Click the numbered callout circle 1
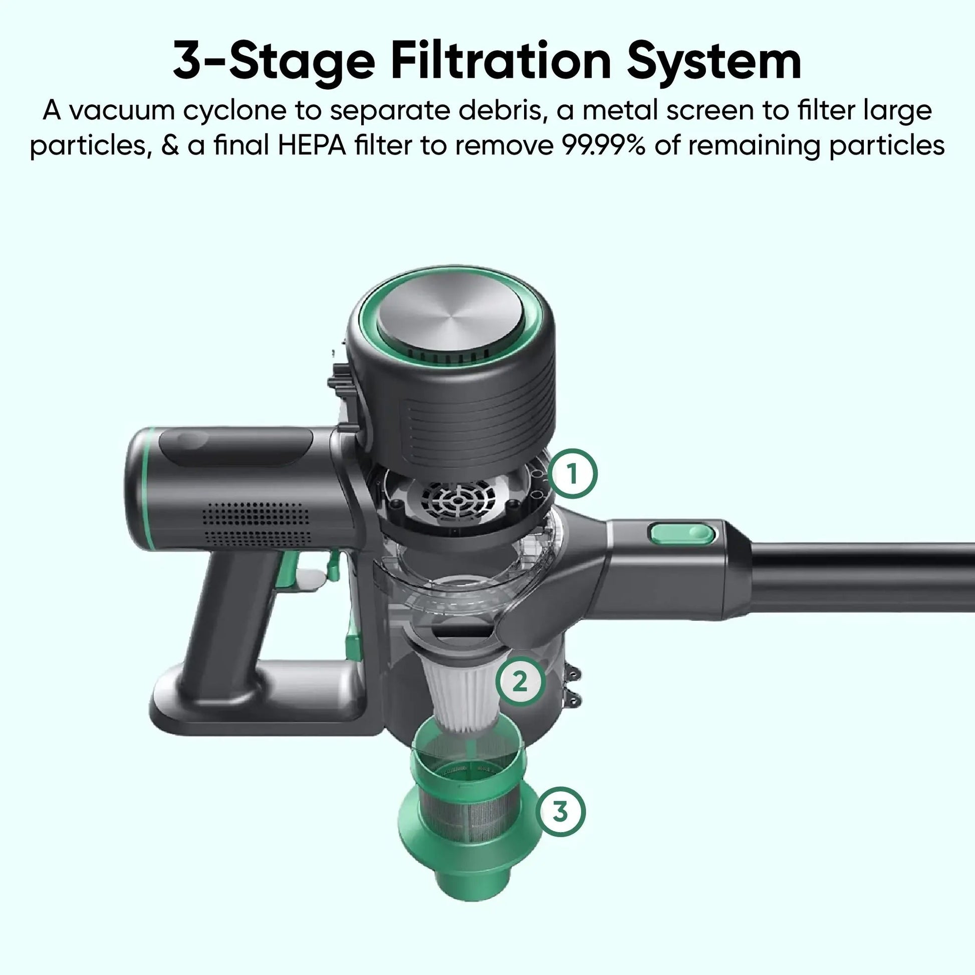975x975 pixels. pyautogui.click(x=573, y=474)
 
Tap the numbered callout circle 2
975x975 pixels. pyautogui.click(x=520, y=682)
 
